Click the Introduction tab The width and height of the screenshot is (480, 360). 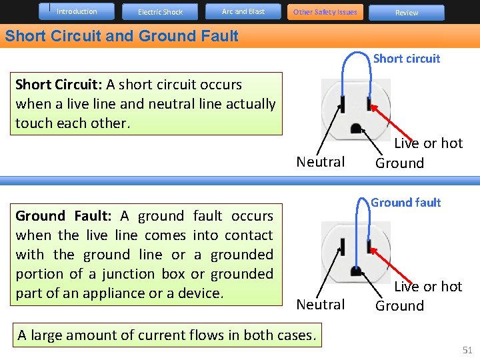[x=77, y=11]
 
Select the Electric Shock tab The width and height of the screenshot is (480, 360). [x=160, y=12]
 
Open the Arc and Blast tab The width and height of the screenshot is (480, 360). [x=243, y=11]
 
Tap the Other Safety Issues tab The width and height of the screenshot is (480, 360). [x=325, y=12]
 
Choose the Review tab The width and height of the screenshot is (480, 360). [x=407, y=13]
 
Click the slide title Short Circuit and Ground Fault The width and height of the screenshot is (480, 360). [x=121, y=36]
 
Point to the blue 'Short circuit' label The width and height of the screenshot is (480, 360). [x=407, y=59]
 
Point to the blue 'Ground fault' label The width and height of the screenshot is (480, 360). [x=406, y=203]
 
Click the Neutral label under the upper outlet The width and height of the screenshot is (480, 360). [x=321, y=162]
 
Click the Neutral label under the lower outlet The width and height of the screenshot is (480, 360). [x=321, y=305]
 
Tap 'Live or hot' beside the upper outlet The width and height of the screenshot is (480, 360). [x=428, y=143]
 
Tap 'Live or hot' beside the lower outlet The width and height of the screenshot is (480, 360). [x=428, y=287]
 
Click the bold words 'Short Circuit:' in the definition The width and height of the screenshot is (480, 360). [x=57, y=85]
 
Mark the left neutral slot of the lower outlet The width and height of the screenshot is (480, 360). [x=342, y=246]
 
